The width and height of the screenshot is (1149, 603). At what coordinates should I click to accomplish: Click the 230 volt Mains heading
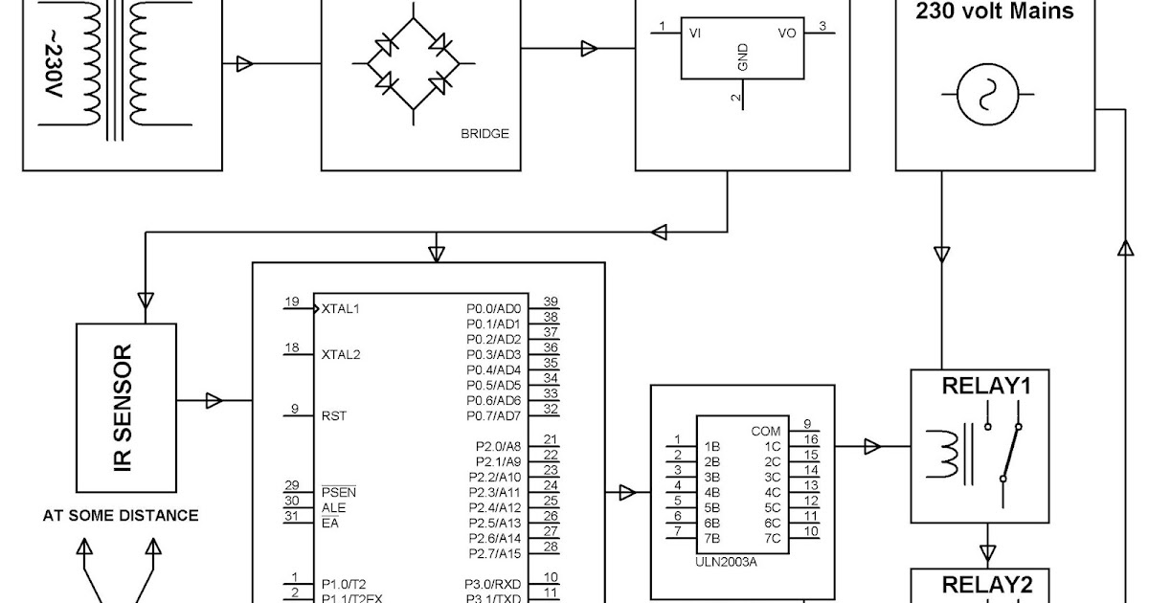pos(995,12)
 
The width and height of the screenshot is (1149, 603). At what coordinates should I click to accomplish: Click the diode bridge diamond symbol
pos(413,64)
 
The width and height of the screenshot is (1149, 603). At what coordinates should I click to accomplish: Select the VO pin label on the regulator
pos(786,32)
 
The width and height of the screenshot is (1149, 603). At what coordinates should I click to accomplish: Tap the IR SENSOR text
pos(124,406)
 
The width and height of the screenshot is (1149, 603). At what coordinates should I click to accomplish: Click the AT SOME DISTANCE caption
pos(121,516)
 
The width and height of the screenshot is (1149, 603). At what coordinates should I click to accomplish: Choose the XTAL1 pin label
pos(341,309)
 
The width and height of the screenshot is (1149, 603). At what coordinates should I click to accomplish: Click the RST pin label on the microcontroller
pos(334,416)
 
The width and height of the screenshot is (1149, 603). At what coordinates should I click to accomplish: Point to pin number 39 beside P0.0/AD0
pos(551,301)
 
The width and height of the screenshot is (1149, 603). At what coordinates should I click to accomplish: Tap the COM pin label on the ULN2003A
pos(766,432)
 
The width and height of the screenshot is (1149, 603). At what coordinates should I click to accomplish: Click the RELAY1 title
pos(985,387)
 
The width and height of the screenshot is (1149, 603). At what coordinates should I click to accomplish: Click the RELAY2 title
pos(985,585)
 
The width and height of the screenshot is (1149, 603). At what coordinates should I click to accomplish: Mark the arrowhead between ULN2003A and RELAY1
pos(872,446)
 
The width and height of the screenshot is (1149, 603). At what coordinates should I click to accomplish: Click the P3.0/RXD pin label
pos(494,584)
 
